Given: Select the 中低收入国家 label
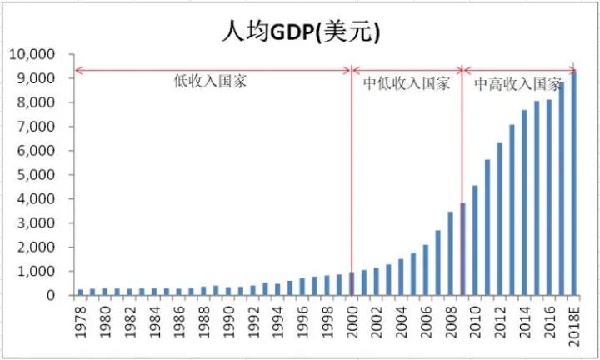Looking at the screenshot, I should coord(407,83).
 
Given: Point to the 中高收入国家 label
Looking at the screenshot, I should coord(517,83).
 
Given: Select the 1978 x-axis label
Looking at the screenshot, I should coord(81,322).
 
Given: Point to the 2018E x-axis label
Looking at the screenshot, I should coord(572,325).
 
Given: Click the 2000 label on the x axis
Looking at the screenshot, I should coord(352,322).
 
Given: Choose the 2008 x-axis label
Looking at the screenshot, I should coord(450,322).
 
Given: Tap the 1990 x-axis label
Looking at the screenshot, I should coord(228,322).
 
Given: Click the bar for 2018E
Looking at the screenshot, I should coord(572,183).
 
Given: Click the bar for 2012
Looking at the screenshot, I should coord(499,218).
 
